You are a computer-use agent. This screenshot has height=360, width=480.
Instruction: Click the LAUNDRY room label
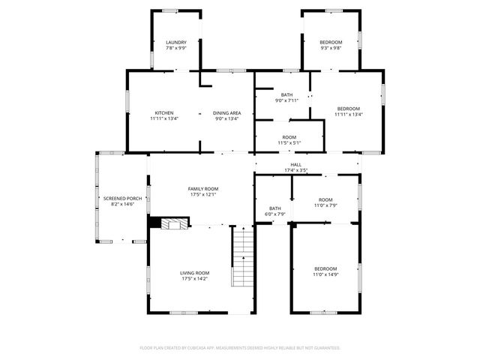(176, 42)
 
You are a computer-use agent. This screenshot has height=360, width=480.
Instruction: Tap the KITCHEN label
(164, 112)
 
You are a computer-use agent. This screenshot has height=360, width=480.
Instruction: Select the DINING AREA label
(226, 112)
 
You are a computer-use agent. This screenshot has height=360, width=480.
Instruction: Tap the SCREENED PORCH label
(122, 198)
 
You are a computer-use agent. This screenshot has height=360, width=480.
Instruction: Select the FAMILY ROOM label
(202, 189)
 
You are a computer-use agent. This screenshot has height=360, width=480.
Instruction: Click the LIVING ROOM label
(194, 272)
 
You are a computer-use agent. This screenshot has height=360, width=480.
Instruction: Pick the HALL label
(295, 165)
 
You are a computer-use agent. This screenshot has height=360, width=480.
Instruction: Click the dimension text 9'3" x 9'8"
(331, 47)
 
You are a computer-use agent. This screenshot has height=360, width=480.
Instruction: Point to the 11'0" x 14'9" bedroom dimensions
(325, 274)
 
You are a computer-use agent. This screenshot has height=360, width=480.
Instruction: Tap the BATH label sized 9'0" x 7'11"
(286, 94)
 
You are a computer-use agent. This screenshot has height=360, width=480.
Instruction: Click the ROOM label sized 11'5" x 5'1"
(289, 142)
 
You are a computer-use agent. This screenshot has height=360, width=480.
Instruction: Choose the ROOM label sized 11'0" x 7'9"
(325, 205)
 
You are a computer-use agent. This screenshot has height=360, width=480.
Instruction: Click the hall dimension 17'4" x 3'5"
(295, 170)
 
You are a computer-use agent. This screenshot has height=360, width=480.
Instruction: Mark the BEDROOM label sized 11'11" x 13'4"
(349, 109)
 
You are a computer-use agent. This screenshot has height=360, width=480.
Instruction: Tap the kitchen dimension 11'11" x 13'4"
(164, 118)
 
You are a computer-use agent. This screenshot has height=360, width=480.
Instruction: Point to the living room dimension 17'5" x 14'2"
(194, 278)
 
